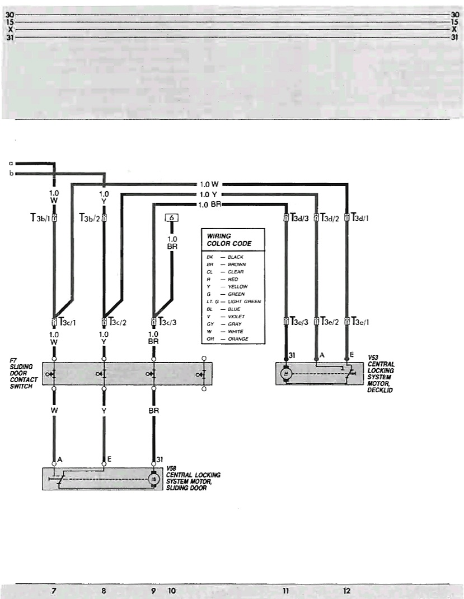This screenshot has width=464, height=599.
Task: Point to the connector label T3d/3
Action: coord(299,217)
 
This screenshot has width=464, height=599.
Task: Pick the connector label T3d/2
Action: coord(330,217)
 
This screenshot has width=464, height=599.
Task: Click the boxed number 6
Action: coord(172,218)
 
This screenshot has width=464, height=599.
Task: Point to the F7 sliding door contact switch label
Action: coord(24,374)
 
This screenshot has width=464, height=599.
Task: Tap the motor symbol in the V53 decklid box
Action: coord(286,373)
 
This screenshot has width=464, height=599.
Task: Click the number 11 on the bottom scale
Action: coord(285,590)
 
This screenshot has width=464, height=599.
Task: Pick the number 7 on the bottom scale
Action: coord(54,590)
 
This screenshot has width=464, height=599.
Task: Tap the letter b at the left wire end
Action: coord(11,173)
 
